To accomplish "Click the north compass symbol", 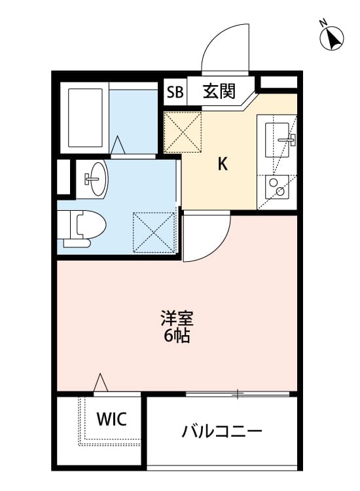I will pyautogui.click(x=333, y=37).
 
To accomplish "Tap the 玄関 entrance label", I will pyautogui.click(x=218, y=91).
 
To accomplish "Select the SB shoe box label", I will pyautogui.click(x=175, y=92).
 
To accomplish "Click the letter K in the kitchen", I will pyautogui.click(x=223, y=164).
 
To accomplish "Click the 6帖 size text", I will pyautogui.click(x=177, y=338).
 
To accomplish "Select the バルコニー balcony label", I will pyautogui.click(x=222, y=432).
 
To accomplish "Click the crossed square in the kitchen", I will pyautogui.click(x=183, y=133).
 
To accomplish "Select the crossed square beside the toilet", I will pyautogui.click(x=154, y=231).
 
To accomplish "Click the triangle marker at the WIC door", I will pyautogui.click(x=100, y=382).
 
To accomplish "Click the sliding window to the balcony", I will pyautogui.click(x=237, y=393).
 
